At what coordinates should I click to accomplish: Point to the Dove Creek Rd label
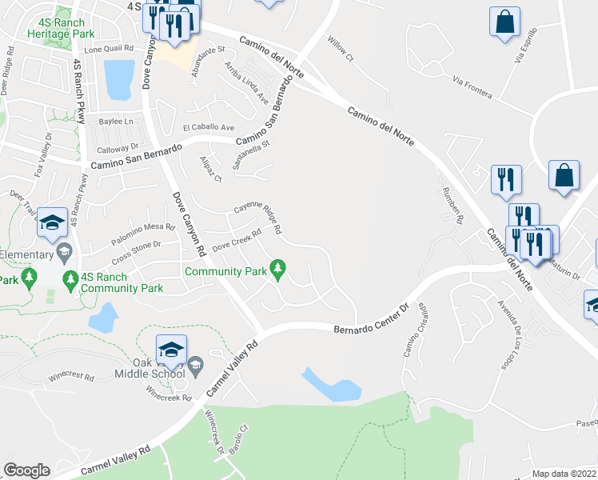click(x=237, y=239)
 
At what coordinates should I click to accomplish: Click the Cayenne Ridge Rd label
click(x=257, y=216)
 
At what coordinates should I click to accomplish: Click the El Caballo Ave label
click(x=208, y=127)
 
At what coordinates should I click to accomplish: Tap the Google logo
click(x=26, y=470)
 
